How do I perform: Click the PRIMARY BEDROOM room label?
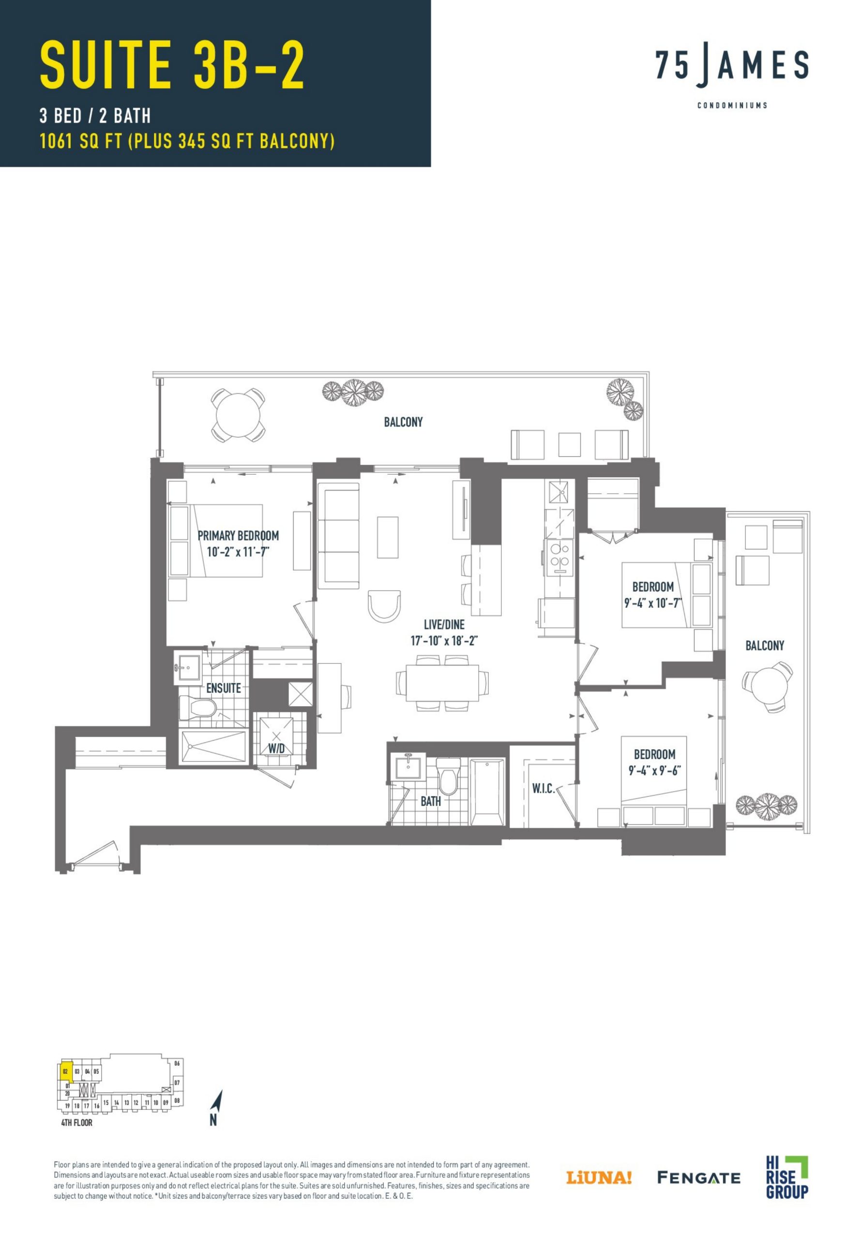pyautogui.click(x=238, y=536)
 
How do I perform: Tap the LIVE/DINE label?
pyautogui.click(x=444, y=624)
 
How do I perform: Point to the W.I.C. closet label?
pyautogui.click(x=543, y=788)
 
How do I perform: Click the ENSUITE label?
pyautogui.click(x=224, y=688)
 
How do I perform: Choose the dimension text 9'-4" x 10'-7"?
pyautogui.click(x=653, y=604)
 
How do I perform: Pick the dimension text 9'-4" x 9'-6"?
pyautogui.click(x=654, y=771)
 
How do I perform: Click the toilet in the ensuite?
pyautogui.click(x=197, y=707)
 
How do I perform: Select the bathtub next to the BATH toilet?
pyautogui.click(x=487, y=792)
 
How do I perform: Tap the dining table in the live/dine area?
pyautogui.click(x=442, y=682)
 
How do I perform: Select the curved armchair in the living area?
pyautogui.click(x=384, y=605)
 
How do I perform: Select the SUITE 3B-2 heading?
pyautogui.click(x=172, y=66)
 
